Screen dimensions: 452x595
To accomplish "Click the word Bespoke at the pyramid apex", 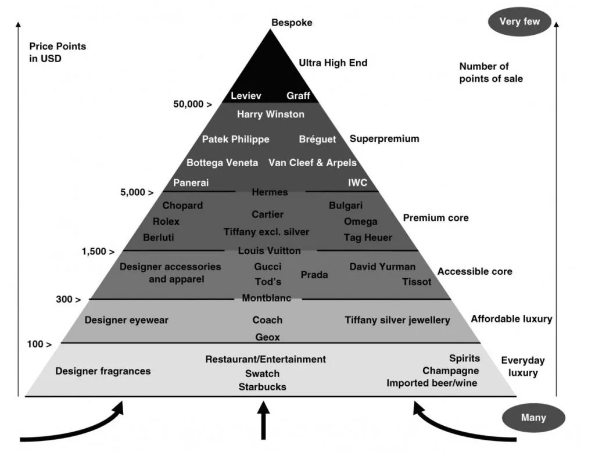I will [x=292, y=23].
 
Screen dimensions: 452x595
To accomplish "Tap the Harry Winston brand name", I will [x=270, y=114].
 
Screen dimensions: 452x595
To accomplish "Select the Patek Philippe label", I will [x=235, y=139].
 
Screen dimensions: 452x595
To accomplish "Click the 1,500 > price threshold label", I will [x=98, y=252].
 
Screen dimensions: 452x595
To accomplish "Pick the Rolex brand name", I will [x=166, y=221].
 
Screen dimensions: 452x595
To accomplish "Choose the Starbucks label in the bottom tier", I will [x=261, y=387].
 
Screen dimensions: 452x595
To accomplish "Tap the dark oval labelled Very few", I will [x=519, y=22].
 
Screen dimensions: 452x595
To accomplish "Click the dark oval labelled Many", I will [x=533, y=418].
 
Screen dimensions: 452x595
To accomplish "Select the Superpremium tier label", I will [x=384, y=139].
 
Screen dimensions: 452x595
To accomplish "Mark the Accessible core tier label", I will [x=475, y=272].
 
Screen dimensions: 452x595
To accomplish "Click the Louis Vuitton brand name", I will [x=270, y=251].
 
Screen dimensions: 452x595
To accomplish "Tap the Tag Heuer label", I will [x=368, y=238].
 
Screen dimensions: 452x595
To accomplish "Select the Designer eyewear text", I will [x=126, y=320].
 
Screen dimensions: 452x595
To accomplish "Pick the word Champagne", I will [x=450, y=371].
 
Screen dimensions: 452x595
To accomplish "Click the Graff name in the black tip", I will [x=298, y=96].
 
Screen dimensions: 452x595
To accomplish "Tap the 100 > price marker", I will [x=39, y=345].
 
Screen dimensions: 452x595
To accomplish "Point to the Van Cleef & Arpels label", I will [x=313, y=163].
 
